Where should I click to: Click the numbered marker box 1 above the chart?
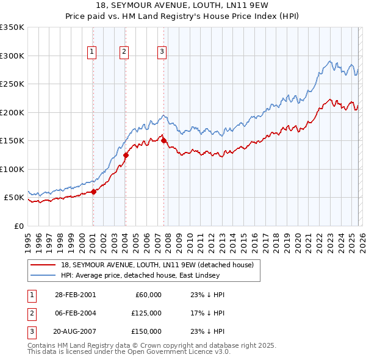[x=91, y=52]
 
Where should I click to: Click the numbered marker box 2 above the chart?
[x=124, y=52]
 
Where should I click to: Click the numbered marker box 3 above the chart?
[x=162, y=52]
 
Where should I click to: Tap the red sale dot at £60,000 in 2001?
[x=93, y=192]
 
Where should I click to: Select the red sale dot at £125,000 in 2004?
[x=125, y=155]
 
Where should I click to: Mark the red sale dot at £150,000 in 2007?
[x=163, y=141]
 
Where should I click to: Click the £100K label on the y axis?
[x=12, y=169]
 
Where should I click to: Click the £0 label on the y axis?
[x=18, y=226]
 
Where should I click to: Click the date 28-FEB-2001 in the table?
[x=75, y=295]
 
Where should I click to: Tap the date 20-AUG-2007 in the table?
[x=75, y=331]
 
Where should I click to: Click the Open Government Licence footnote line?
[x=129, y=352]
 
